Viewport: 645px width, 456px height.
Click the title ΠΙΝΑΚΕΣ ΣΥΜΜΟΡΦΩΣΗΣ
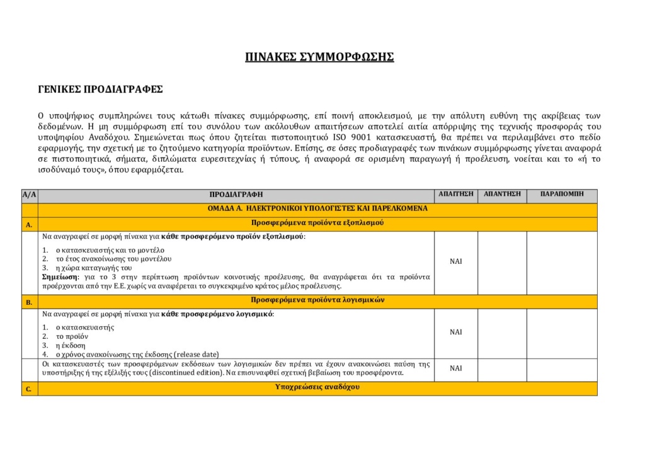[319, 57]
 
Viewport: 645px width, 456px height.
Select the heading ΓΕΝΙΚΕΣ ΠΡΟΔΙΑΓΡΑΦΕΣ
[101, 89]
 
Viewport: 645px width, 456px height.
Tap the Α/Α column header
[29, 195]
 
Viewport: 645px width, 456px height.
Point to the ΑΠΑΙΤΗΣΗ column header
[455, 194]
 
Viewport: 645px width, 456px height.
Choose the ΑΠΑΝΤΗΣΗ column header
[502, 194]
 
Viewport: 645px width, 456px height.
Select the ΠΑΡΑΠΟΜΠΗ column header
[562, 194]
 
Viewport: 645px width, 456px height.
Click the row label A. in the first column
[29, 224]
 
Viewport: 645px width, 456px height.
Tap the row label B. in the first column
[29, 302]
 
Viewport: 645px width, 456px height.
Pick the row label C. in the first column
[29, 389]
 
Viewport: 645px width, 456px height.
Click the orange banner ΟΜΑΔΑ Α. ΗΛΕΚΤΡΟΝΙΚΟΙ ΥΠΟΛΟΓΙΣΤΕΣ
[317, 208]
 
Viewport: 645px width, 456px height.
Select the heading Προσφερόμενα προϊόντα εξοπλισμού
[317, 223]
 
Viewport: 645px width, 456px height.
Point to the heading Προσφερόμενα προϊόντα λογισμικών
[317, 300]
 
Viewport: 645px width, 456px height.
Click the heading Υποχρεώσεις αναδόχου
[317, 387]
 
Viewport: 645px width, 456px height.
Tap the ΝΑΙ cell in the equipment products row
[455, 261]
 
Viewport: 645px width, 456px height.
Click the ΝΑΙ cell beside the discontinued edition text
[455, 368]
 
